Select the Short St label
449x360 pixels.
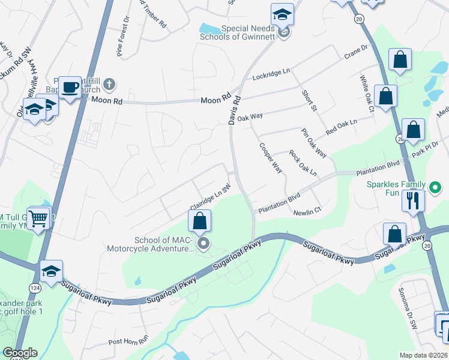[x=309, y=100]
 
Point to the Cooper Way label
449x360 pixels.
[x=271, y=158]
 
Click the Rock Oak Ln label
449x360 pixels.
[x=303, y=163]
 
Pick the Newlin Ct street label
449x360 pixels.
[x=307, y=212]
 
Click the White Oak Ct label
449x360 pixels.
[x=366, y=93]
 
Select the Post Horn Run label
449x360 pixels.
[x=128, y=341]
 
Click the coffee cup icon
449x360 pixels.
[x=70, y=88]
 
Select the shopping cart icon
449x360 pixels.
[x=39, y=218]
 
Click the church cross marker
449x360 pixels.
[x=109, y=83]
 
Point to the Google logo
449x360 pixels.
[x=20, y=353]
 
